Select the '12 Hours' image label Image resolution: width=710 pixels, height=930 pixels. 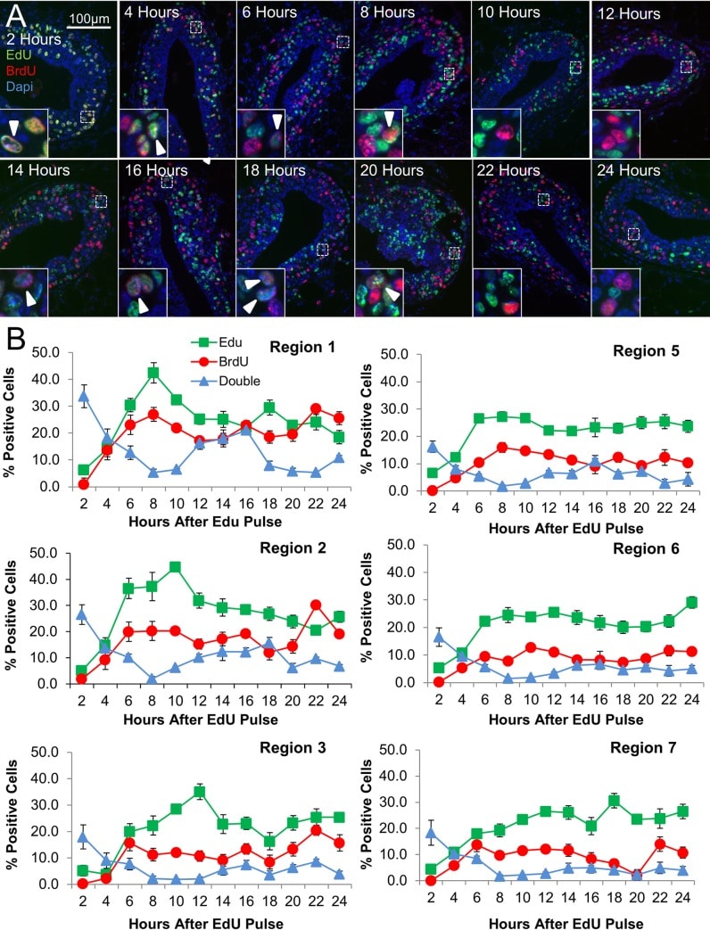point(630,14)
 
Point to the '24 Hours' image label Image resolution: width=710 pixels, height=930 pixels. point(630,170)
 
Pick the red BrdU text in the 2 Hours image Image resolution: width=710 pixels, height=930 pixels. point(21,68)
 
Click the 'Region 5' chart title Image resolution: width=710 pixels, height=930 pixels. point(646,351)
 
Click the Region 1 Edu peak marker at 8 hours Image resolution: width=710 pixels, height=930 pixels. point(153,374)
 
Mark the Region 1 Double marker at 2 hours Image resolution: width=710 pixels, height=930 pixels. point(83,397)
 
